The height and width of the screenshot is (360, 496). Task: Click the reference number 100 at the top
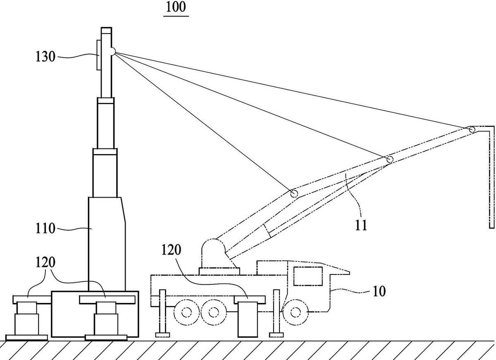tap(176, 7)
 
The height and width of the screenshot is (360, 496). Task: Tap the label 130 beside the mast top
tap(45, 57)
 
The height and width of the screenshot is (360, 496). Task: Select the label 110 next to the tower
tap(45, 229)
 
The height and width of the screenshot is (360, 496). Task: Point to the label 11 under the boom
tap(361, 225)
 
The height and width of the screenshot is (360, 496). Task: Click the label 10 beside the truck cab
tap(379, 291)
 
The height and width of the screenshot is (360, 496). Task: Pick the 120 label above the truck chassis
tap(171, 250)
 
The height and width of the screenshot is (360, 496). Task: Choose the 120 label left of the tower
tap(45, 262)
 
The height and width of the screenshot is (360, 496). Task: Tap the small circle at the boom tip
tap(472, 129)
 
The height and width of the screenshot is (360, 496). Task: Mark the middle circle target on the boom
tap(390, 159)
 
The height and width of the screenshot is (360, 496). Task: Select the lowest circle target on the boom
tap(294, 194)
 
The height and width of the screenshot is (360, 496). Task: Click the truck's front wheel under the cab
tap(296, 312)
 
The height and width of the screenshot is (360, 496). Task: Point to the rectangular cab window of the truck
tap(308, 276)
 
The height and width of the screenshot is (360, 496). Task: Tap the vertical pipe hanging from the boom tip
tap(491, 177)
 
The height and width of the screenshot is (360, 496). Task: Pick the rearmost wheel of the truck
tap(187, 312)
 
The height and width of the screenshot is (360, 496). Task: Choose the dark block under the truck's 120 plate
tap(248, 320)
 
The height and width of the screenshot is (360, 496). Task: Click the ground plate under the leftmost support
tap(26, 337)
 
